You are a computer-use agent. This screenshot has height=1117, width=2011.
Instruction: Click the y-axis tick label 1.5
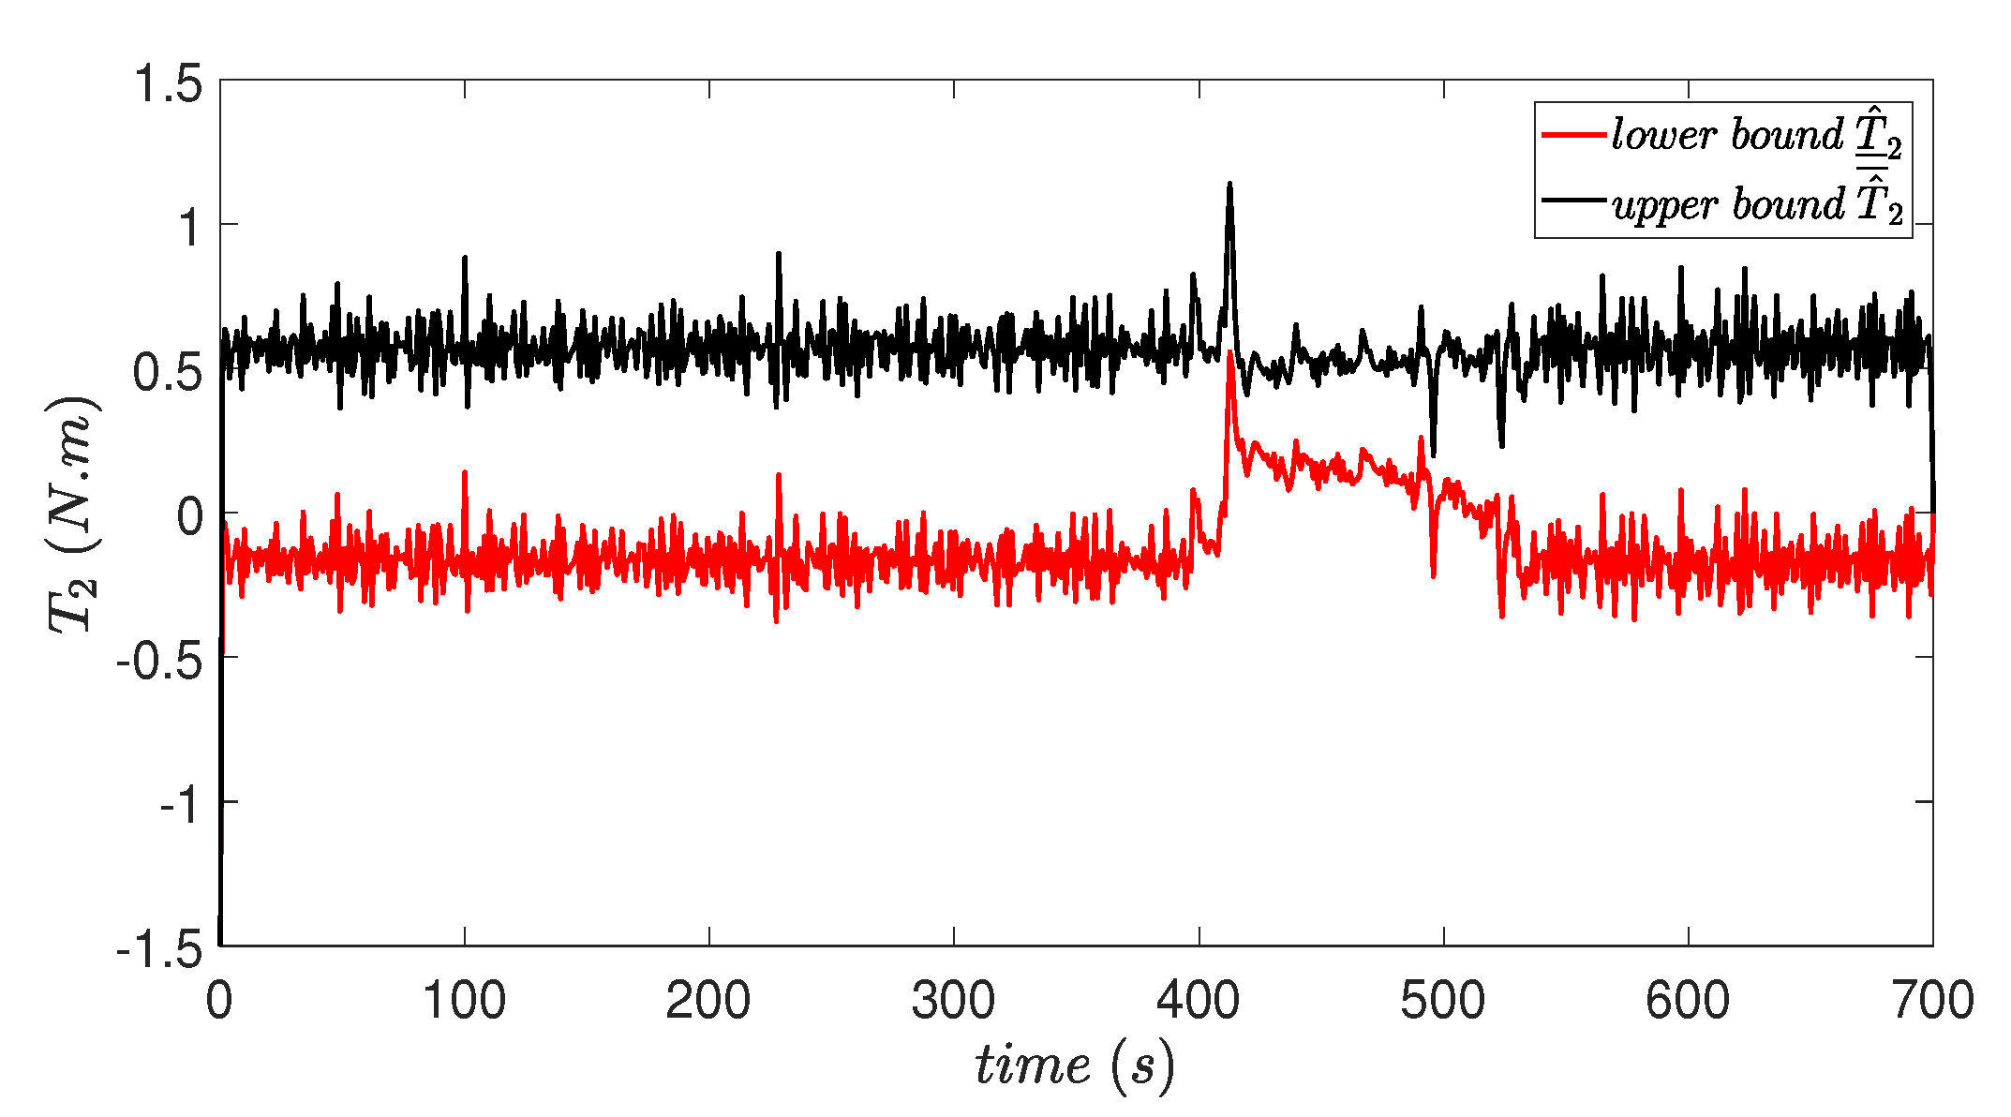(x=169, y=84)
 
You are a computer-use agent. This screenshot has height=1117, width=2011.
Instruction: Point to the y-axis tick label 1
(x=190, y=228)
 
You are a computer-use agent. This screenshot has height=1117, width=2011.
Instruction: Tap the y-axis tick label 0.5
(x=169, y=373)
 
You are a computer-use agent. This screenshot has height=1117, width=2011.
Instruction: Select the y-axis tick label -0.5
(x=159, y=663)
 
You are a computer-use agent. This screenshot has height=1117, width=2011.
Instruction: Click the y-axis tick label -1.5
(x=159, y=951)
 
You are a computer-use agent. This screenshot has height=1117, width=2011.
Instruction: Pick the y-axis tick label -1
(x=181, y=806)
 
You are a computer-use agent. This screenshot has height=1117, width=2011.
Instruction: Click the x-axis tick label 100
(x=465, y=1001)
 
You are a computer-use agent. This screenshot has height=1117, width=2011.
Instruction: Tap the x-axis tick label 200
(x=709, y=1001)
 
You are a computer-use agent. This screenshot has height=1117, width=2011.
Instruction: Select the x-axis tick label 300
(x=954, y=1001)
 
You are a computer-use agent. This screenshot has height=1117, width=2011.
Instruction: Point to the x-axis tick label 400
(x=1199, y=1001)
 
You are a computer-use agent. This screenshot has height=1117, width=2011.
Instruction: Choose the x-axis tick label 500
(x=1443, y=1001)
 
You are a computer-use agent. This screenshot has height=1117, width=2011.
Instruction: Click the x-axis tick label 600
(x=1688, y=1001)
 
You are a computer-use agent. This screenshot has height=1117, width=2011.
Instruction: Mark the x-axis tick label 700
(x=1932, y=1001)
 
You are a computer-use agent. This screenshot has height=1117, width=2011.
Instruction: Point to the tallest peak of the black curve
(x=1229, y=185)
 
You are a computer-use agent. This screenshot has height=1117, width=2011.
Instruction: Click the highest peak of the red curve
(x=1229, y=352)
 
